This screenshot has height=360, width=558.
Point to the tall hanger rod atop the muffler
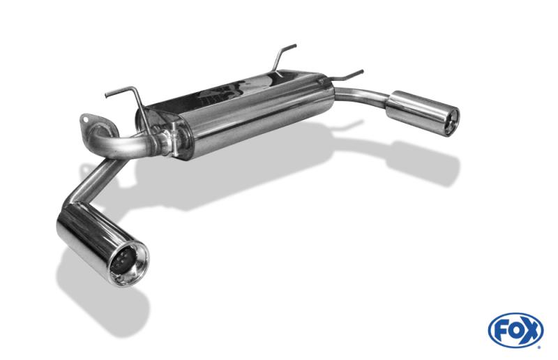pos(285,56)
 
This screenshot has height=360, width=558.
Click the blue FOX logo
pos(515,330)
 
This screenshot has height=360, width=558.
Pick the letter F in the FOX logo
pos(499,331)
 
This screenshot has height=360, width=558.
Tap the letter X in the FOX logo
pos(531,331)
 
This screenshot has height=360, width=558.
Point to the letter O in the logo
pos(515,331)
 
